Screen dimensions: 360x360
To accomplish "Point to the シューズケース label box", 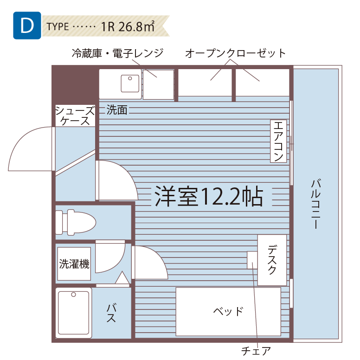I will (x=75, y=116).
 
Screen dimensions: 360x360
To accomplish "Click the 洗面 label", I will (x=116, y=110).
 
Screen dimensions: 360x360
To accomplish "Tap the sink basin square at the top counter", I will (x=130, y=84).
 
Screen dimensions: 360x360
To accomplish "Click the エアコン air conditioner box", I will (x=278, y=141).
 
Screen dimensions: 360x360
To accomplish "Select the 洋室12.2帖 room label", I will (x=209, y=197).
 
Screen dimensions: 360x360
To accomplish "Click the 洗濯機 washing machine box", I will (x=74, y=264).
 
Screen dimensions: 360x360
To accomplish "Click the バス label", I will (x=111, y=314).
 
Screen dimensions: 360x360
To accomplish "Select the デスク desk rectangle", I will (x=272, y=260).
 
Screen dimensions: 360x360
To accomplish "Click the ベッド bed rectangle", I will (x=228, y=311).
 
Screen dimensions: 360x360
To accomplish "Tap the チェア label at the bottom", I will (x=256, y=351).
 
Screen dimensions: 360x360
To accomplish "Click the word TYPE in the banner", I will (x=58, y=26).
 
